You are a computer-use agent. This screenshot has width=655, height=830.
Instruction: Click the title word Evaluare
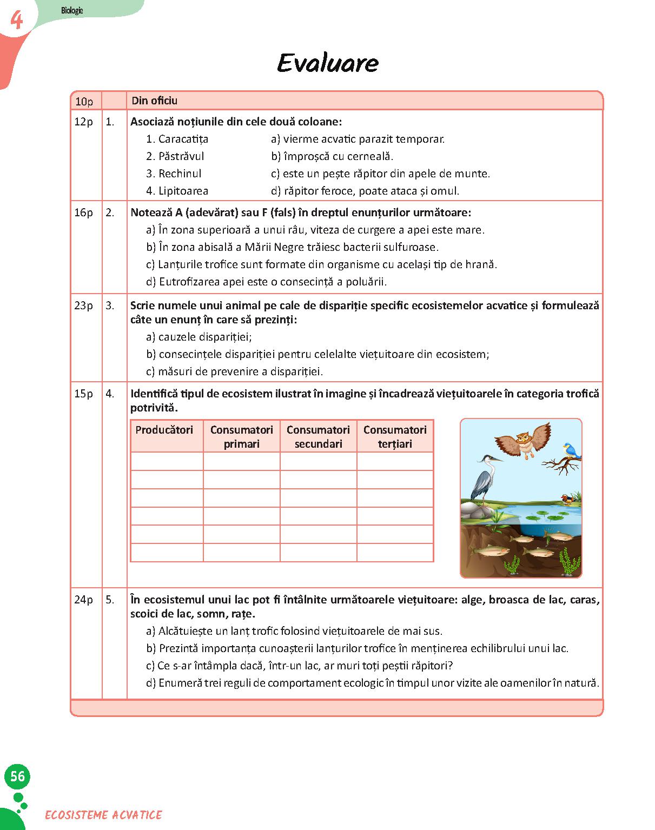(x=327, y=63)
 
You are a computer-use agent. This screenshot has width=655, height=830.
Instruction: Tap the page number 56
(x=17, y=776)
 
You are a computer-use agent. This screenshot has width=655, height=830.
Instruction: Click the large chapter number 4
(x=17, y=21)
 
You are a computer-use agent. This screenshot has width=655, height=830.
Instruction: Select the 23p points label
(x=84, y=306)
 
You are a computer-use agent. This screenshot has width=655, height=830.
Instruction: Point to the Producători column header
(x=164, y=430)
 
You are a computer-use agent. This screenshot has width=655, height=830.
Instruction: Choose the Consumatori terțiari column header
(x=395, y=436)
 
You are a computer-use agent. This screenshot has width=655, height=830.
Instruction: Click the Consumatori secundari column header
(x=318, y=436)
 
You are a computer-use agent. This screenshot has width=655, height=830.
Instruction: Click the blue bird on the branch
(x=571, y=450)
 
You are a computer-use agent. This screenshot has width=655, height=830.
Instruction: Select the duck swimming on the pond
(x=567, y=498)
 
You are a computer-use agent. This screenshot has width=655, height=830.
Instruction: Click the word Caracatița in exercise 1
(x=183, y=139)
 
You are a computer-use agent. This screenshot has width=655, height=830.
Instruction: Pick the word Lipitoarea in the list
(x=183, y=191)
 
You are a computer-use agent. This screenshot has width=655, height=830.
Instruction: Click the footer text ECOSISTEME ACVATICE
(x=103, y=815)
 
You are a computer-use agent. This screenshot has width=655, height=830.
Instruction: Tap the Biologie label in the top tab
(x=72, y=10)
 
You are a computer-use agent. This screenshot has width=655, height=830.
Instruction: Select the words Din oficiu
(x=155, y=101)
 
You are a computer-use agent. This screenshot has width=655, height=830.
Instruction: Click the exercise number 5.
(x=110, y=600)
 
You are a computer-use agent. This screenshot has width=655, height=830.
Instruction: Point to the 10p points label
(x=84, y=101)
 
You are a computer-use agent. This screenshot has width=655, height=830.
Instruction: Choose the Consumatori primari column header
(x=241, y=436)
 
